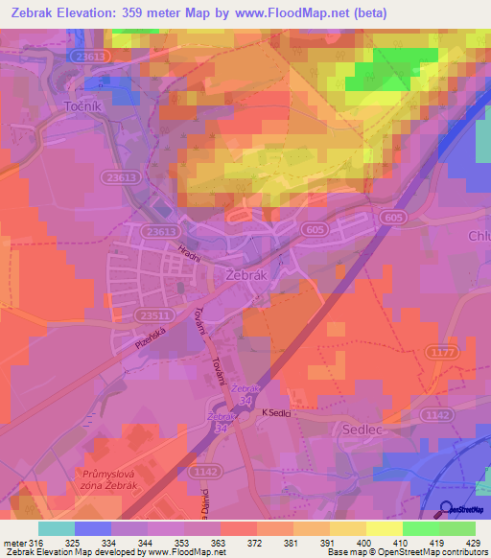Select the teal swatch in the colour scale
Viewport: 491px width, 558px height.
tap(56, 528)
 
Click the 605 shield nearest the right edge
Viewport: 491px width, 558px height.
tap(391, 218)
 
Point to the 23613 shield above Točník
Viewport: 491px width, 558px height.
tap(90, 58)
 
